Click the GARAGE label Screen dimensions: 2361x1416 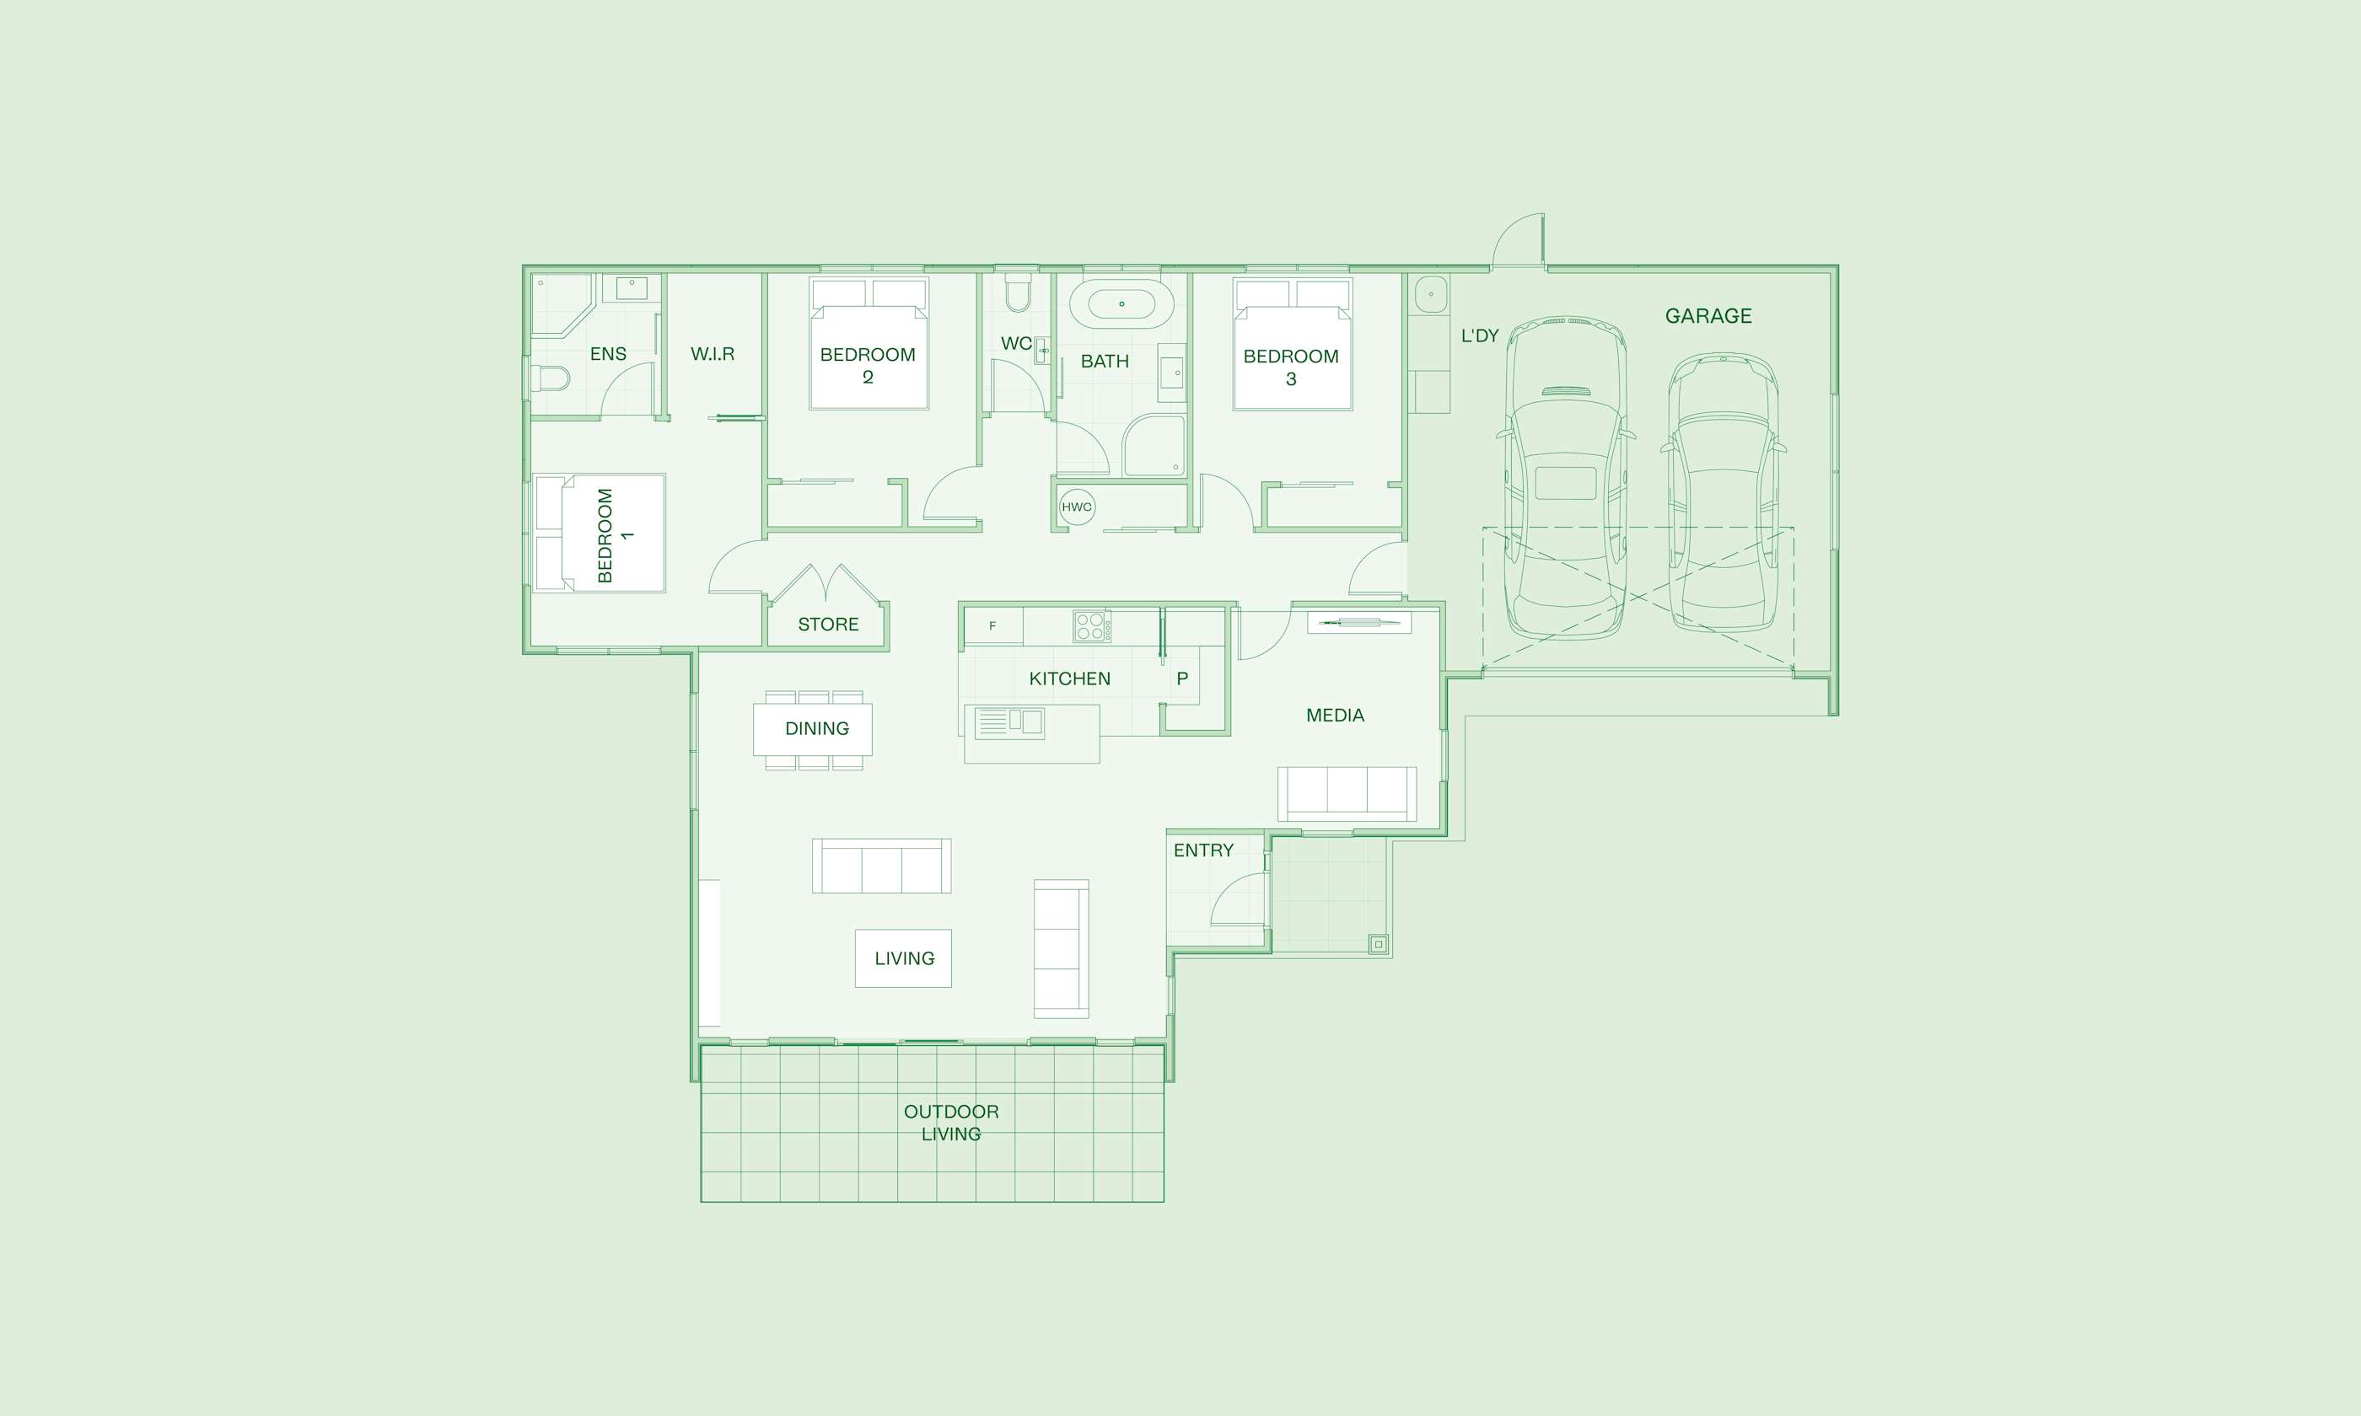(x=1708, y=316)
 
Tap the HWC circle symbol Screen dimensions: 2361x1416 (x=1077, y=507)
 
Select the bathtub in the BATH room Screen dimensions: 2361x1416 (x=1121, y=304)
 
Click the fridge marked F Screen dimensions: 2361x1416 (x=993, y=626)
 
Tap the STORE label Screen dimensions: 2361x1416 (x=828, y=624)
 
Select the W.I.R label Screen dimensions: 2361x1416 (x=713, y=354)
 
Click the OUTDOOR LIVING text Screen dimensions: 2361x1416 (x=951, y=1122)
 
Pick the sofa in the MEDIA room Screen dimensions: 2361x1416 (x=1347, y=793)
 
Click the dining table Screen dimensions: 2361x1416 (x=813, y=729)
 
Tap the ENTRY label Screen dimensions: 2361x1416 (x=1203, y=850)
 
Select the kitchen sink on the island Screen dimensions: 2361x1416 (x=1009, y=723)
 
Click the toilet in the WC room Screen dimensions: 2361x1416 (x=1019, y=294)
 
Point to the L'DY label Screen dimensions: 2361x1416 (x=1480, y=335)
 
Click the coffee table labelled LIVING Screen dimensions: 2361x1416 (x=903, y=958)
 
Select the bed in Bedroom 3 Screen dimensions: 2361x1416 (x=1292, y=344)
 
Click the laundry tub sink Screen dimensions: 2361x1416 (x=1431, y=294)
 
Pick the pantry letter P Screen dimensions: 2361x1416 (x=1182, y=678)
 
